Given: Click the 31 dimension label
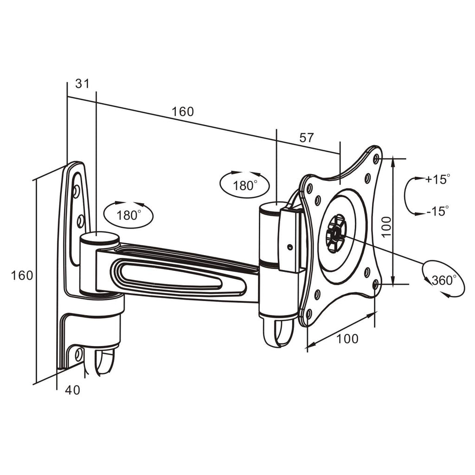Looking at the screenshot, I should pyautogui.click(x=82, y=83).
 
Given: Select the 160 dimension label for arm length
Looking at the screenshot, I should pyautogui.click(x=182, y=111).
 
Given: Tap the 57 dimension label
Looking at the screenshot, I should pyautogui.click(x=307, y=137).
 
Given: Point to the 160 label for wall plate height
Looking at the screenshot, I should pyautogui.click(x=22, y=275).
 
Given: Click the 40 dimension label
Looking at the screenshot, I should pyautogui.click(x=72, y=390).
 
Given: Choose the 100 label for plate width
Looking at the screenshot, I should pyautogui.click(x=347, y=339).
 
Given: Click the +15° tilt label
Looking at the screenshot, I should pyautogui.click(x=437, y=179).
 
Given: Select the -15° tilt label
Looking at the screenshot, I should pyautogui.click(x=437, y=212).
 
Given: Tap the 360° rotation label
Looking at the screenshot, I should pyautogui.click(x=443, y=280).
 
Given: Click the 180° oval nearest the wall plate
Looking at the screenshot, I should pyautogui.click(x=128, y=215).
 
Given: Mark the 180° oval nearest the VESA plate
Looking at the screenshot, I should pyautogui.click(x=244, y=186).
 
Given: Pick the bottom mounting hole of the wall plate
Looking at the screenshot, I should pyautogui.click(x=78, y=355).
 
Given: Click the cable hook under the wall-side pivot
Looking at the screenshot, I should pyautogui.click(x=104, y=362).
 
